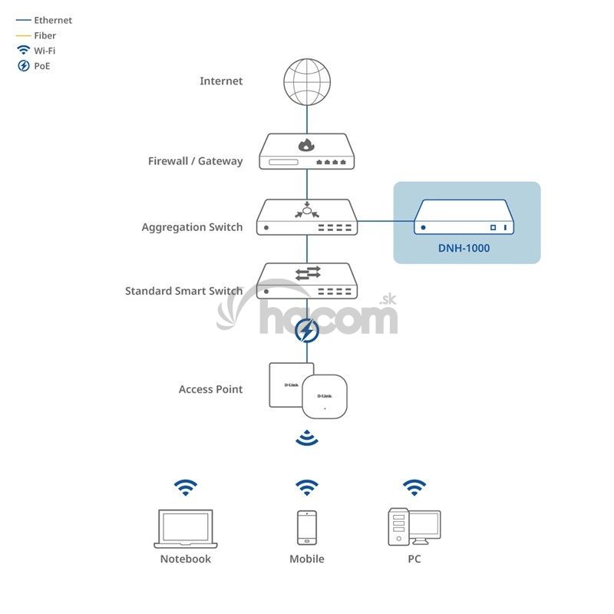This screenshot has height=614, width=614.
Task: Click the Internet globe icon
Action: click(307, 81)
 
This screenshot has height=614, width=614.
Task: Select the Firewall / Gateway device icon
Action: click(307, 152)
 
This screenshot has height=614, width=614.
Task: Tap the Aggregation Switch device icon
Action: click(307, 217)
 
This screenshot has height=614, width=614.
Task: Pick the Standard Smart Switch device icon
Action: click(307, 281)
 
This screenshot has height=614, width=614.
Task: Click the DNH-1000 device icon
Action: click(464, 217)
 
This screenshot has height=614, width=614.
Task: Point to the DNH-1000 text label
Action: click(464, 248)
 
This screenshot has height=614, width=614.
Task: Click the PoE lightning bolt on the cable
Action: click(307, 332)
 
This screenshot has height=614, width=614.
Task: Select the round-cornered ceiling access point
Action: click(325, 396)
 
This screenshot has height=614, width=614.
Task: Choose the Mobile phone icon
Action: click(307, 527)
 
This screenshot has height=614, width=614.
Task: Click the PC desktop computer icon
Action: click(414, 527)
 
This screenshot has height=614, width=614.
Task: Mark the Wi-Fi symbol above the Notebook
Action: click(185, 487)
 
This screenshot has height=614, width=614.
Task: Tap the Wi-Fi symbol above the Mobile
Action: click(307, 487)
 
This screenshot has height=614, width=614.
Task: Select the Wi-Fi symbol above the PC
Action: click(414, 487)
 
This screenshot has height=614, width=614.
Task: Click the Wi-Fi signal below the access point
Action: click(307, 439)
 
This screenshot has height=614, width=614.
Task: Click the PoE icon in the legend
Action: click(24, 66)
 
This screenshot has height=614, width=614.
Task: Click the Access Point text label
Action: click(210, 389)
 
